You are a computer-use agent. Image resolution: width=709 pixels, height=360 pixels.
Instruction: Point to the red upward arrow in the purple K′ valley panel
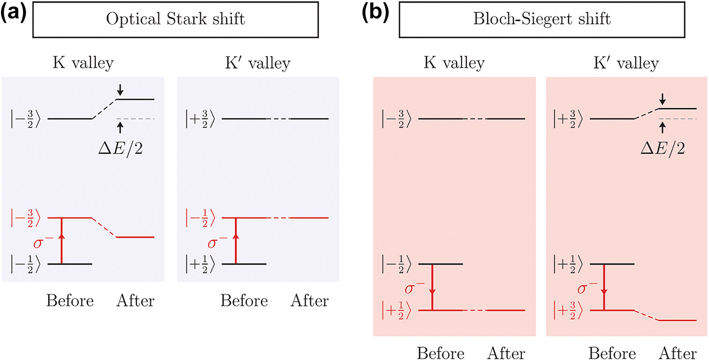pyautogui.click(x=236, y=241)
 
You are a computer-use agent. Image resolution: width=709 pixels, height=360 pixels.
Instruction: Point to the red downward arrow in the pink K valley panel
pyautogui.click(x=432, y=287)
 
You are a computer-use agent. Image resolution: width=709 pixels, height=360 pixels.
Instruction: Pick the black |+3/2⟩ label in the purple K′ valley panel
pyautogui.click(x=199, y=118)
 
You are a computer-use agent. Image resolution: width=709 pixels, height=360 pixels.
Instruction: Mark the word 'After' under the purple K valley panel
pyautogui.click(x=135, y=301)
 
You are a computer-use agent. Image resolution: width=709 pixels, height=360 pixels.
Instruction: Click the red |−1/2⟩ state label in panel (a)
pyautogui.click(x=199, y=218)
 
